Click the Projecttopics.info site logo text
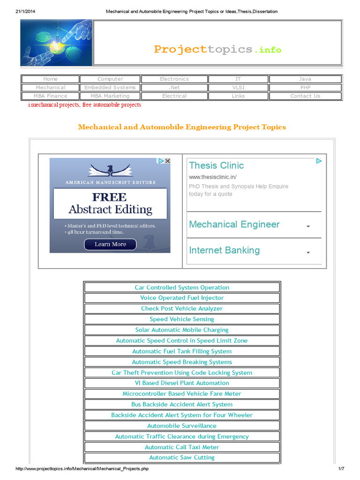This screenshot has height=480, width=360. point(217,49)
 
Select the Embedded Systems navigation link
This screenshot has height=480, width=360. point(110,88)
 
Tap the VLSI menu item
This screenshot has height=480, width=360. point(238,88)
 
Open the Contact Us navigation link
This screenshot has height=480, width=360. point(305,96)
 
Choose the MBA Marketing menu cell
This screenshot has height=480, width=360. point(110,96)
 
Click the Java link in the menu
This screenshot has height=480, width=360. point(305,79)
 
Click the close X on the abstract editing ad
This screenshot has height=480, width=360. point(168,161)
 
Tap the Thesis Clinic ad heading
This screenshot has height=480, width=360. point(216,165)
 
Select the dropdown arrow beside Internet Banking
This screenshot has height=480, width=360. point(308,252)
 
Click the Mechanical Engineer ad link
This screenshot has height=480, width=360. point(234,225)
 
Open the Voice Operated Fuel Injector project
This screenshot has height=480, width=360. point(182,298)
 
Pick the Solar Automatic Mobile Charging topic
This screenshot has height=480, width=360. point(182,330)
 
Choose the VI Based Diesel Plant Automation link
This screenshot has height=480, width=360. point(182,383)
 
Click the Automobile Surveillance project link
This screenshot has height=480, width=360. point(182,426)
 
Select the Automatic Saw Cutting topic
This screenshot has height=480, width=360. point(182,458)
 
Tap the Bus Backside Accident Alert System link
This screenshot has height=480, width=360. point(182,405)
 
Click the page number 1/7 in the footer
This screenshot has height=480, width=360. point(341,469)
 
